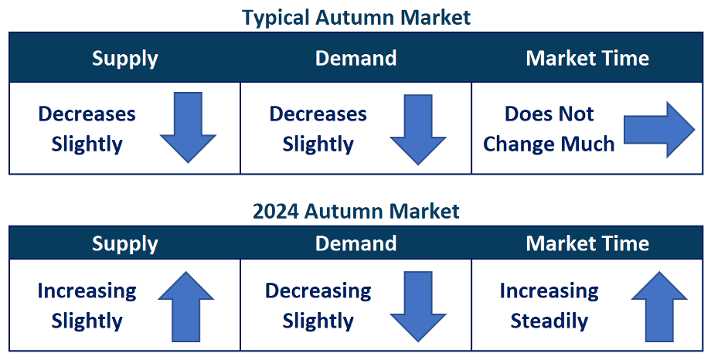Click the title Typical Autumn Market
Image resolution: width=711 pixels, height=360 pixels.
pyautogui.click(x=356, y=18)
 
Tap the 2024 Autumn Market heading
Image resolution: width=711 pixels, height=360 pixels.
pyautogui.click(x=356, y=211)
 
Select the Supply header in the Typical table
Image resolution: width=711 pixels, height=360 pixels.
pyautogui.click(x=124, y=59)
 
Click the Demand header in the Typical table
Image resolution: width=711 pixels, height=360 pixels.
pyautogui.click(x=356, y=58)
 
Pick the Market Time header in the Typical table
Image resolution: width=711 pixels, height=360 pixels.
pyautogui.click(x=587, y=58)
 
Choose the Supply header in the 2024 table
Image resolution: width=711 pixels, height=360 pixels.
pyautogui.click(x=124, y=244)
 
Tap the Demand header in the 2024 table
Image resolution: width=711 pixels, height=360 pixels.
pyautogui.click(x=356, y=243)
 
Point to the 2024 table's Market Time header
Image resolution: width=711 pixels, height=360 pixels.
pyautogui.click(x=587, y=243)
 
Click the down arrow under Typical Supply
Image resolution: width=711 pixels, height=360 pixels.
pyautogui.click(x=188, y=127)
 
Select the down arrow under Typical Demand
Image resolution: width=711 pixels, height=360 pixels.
pyautogui.click(x=418, y=129)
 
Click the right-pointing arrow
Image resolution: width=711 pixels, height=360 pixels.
pyautogui.click(x=659, y=130)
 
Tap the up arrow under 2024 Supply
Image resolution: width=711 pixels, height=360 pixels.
pyautogui.click(x=186, y=307)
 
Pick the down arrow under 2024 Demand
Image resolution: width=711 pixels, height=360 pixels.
pyautogui.click(x=418, y=307)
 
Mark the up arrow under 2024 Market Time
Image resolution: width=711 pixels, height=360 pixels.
pyautogui.click(x=659, y=307)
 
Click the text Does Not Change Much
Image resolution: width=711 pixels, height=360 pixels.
pyautogui.click(x=549, y=129)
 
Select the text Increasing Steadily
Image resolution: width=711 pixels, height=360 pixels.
pyautogui.click(x=549, y=306)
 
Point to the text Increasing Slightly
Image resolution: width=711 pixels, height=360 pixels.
pyautogui.click(x=87, y=307)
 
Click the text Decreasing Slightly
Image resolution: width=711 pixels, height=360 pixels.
pyautogui.click(x=318, y=307)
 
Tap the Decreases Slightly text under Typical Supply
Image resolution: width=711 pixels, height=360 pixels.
pyautogui.click(x=87, y=129)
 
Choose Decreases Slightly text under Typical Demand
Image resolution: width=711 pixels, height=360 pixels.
pyautogui.click(x=318, y=129)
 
